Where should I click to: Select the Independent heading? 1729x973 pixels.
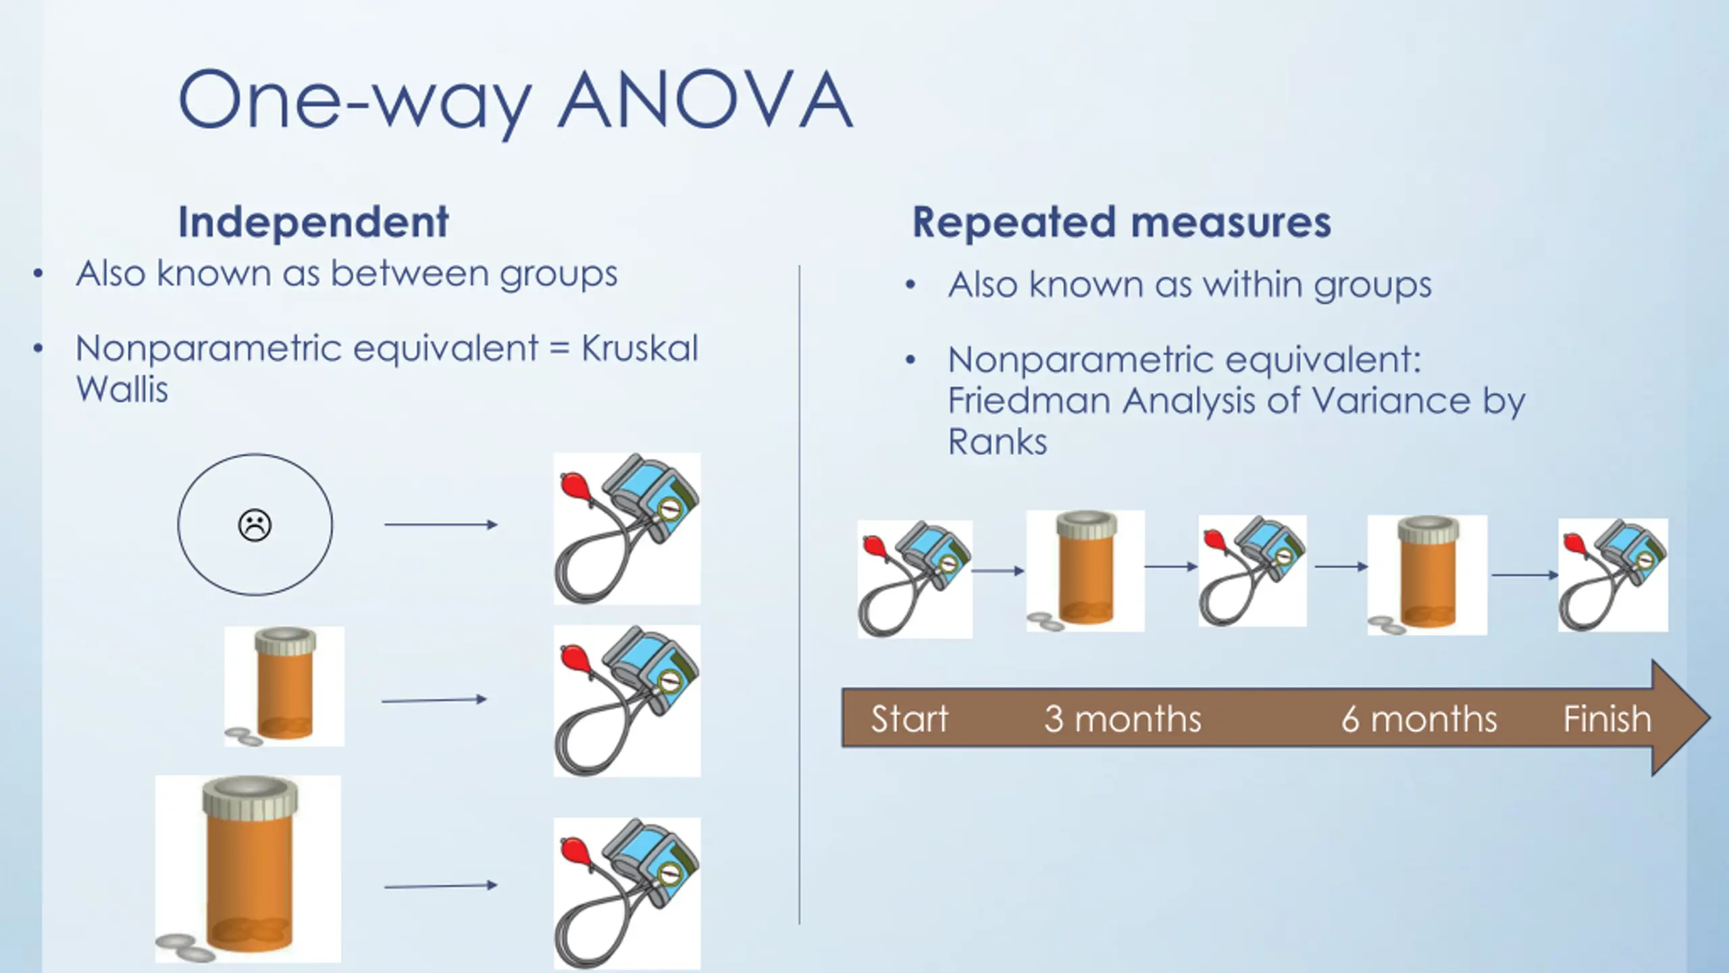coord(313,222)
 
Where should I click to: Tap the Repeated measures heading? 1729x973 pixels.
coord(1121,222)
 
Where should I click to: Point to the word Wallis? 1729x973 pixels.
coord(122,389)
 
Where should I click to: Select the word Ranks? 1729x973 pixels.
coord(997,442)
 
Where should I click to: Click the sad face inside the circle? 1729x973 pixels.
coord(255,524)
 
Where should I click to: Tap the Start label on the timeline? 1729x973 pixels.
coord(909,718)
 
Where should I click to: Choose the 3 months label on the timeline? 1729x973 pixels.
coord(1122,718)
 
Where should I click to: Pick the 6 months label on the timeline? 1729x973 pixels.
coord(1418,718)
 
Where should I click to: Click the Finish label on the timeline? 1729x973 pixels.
coord(1607,718)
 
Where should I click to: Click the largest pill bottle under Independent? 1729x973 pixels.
coord(249,868)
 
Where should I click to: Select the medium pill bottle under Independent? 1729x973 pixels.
coord(284,685)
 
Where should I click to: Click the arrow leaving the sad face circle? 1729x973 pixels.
coord(440,524)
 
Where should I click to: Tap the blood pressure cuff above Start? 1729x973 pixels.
coord(914,578)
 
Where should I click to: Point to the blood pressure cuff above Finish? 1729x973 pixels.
coord(1613,574)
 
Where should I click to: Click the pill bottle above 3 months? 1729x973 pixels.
coord(1085,570)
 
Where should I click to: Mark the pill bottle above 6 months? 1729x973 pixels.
coord(1427,574)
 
